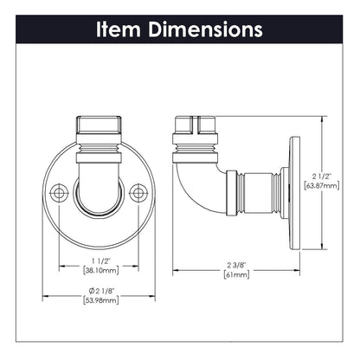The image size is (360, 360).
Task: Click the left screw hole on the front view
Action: pos(58,192)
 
